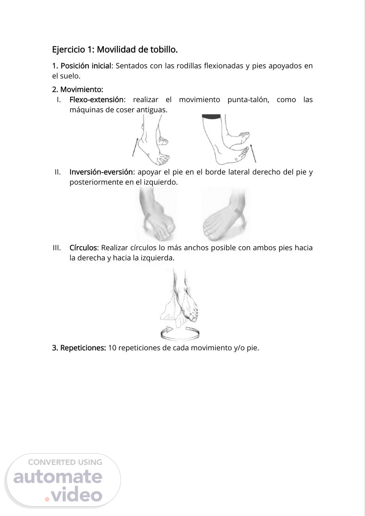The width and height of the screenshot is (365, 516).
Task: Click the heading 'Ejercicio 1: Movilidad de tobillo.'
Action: coord(115,50)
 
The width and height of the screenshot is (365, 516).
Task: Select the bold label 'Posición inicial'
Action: coord(86,66)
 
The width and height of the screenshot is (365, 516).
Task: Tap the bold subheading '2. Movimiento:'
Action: coord(78,89)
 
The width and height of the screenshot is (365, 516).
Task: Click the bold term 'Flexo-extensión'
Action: coord(97,100)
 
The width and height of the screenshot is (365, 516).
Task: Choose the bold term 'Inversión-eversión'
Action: coord(101,172)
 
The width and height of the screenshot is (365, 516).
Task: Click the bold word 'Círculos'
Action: coord(83,248)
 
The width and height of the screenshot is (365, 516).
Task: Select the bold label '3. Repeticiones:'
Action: coord(79,348)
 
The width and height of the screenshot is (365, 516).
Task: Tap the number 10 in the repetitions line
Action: coord(112,348)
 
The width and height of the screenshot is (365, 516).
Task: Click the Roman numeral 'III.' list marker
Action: coord(57,248)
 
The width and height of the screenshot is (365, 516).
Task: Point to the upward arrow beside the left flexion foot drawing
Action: coord(135,147)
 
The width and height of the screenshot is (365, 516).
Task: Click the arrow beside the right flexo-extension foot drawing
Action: coord(253,153)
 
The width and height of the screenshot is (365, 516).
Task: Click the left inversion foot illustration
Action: coord(156,214)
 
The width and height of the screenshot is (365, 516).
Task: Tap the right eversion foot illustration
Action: coord(225,214)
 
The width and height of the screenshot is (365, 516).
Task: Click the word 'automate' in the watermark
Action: coord(58,477)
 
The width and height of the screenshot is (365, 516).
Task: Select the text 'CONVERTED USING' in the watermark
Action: coord(65,462)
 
